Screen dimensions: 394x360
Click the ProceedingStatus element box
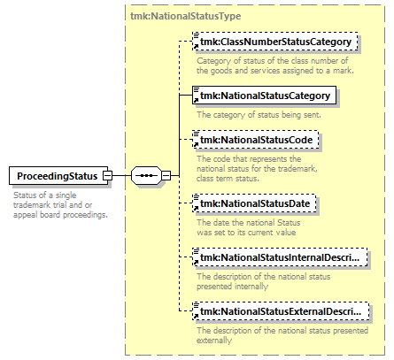[58, 176]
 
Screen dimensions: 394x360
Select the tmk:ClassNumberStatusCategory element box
[275, 42]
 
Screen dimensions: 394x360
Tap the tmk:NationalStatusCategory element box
[264, 96]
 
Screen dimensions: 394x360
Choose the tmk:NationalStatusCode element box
[256, 140]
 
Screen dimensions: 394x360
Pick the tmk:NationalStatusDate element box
[254, 203]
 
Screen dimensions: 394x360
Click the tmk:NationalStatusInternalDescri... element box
[280, 257]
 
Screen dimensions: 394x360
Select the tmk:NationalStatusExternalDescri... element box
[281, 311]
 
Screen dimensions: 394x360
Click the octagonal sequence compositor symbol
[147, 176]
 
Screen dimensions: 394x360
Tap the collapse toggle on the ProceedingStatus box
[107, 176]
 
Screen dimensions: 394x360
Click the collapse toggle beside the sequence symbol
[166, 176]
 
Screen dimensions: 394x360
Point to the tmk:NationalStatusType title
[186, 16]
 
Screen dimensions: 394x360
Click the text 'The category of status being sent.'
[259, 115]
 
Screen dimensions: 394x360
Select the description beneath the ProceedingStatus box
[60, 205]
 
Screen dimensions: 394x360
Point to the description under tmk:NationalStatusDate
[249, 227]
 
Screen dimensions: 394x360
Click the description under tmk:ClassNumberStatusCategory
[275, 65]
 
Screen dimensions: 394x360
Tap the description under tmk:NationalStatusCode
[257, 169]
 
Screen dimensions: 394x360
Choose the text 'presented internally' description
[264, 281]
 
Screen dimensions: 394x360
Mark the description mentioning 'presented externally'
[282, 335]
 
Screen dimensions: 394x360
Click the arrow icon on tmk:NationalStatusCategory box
[196, 101]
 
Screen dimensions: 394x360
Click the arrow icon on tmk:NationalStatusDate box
[196, 209]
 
